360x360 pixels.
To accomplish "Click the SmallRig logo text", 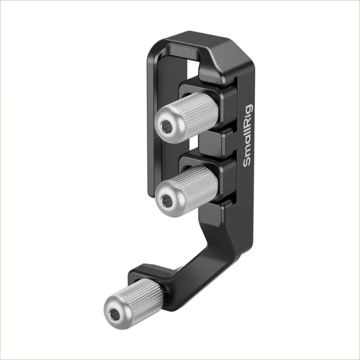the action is [x=247, y=135].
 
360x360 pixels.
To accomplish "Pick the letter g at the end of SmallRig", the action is [x=249, y=108].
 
